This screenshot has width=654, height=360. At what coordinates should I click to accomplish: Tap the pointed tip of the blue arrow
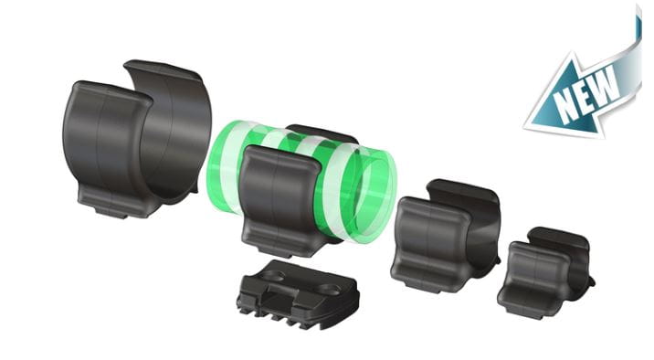coord(524,125)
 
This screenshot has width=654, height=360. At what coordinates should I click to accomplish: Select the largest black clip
coord(138,138)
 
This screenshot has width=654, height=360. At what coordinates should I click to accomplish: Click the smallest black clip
coord(545,273)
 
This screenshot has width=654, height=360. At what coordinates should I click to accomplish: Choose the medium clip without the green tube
coord(446,236)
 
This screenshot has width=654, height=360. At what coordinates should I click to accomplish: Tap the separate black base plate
coord(298,294)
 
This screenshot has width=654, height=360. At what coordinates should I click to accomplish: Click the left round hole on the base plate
coord(272,275)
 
